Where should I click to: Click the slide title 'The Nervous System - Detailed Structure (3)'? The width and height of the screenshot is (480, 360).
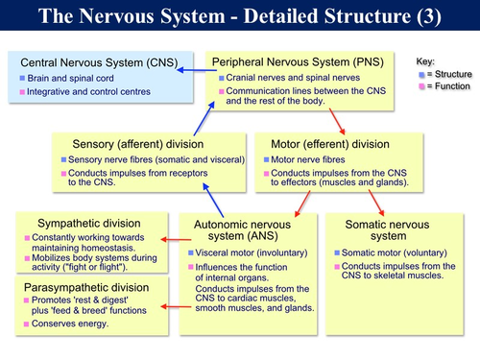240,16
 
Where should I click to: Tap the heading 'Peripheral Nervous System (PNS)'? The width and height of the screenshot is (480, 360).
300,60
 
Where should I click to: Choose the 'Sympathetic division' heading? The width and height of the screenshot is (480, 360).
88,223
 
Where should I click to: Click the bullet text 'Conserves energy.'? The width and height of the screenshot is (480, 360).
73,323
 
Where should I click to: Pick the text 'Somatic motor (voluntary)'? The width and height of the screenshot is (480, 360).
396,252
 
